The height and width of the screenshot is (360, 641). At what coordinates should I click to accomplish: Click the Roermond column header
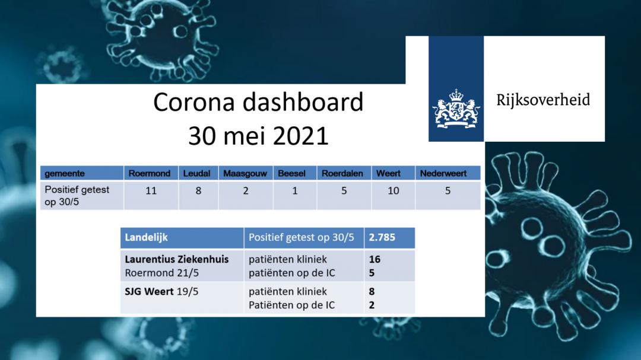pyautogui.click(x=150, y=173)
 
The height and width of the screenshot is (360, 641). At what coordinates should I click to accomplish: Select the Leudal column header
pyautogui.click(x=196, y=173)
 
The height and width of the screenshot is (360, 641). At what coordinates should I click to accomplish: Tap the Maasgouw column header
pyautogui.click(x=245, y=174)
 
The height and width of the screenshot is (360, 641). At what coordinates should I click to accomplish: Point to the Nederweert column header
pyautogui.click(x=443, y=173)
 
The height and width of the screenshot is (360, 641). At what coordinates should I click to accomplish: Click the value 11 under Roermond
pyautogui.click(x=151, y=191)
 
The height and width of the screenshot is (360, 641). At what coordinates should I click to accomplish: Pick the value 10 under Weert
pyautogui.click(x=394, y=191)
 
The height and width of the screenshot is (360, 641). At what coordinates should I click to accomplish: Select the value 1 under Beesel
pyautogui.click(x=295, y=191)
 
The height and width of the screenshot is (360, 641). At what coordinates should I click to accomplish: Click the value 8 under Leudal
pyautogui.click(x=198, y=191)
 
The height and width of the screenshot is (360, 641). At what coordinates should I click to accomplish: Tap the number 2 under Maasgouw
pyautogui.click(x=246, y=191)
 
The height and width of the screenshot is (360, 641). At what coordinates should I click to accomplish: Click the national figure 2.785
pyautogui.click(x=382, y=237)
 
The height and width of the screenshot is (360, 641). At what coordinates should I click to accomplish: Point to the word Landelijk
pyautogui.click(x=147, y=237)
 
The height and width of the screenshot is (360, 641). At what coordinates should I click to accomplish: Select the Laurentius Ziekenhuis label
pyautogui.click(x=177, y=259)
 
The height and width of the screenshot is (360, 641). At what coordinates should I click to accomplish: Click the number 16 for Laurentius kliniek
pyautogui.click(x=375, y=259)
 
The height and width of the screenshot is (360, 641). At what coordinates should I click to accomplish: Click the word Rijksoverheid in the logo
pyautogui.click(x=543, y=100)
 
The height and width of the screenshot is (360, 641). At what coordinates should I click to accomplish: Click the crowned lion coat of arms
pyautogui.click(x=456, y=109)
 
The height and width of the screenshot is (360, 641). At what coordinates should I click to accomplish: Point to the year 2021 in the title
pyautogui.click(x=300, y=136)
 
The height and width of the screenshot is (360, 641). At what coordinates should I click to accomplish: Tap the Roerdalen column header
pyautogui.click(x=342, y=173)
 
